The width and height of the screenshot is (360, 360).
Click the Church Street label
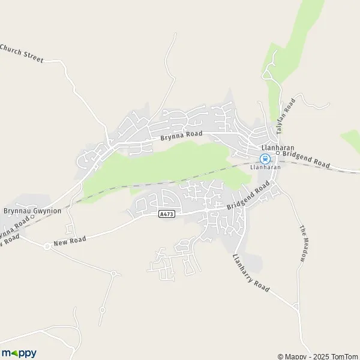click(22, 53)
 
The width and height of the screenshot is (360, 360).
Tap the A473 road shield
click(166, 214)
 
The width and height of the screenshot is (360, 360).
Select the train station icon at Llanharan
click(265, 158)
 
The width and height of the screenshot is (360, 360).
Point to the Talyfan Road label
click(290, 110)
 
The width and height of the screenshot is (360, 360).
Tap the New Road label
click(70, 241)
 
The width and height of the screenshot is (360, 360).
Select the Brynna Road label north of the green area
click(181, 136)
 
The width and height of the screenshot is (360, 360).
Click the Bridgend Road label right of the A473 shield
click(247, 198)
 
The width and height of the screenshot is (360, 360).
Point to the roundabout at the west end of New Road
click(46, 246)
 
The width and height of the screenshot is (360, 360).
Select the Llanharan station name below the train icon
click(268, 167)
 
